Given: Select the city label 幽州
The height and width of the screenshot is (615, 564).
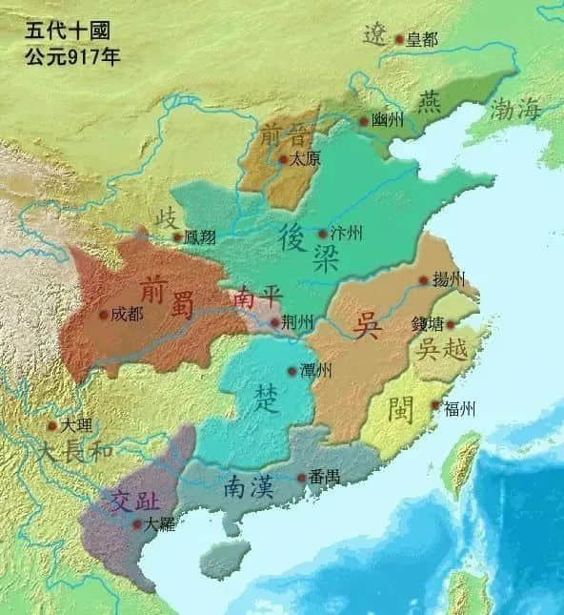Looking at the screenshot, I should point(385,122).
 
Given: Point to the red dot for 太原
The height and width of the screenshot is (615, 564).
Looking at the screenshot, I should point(281,160).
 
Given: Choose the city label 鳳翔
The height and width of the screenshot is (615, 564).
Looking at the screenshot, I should point(199,237).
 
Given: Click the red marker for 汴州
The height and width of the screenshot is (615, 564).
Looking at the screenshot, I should point(322,234).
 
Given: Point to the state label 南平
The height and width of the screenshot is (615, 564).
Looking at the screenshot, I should point(255,298).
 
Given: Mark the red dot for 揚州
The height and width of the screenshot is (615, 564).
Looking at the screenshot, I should point(423,280).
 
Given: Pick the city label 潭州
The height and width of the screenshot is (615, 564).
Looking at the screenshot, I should point(314,371).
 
